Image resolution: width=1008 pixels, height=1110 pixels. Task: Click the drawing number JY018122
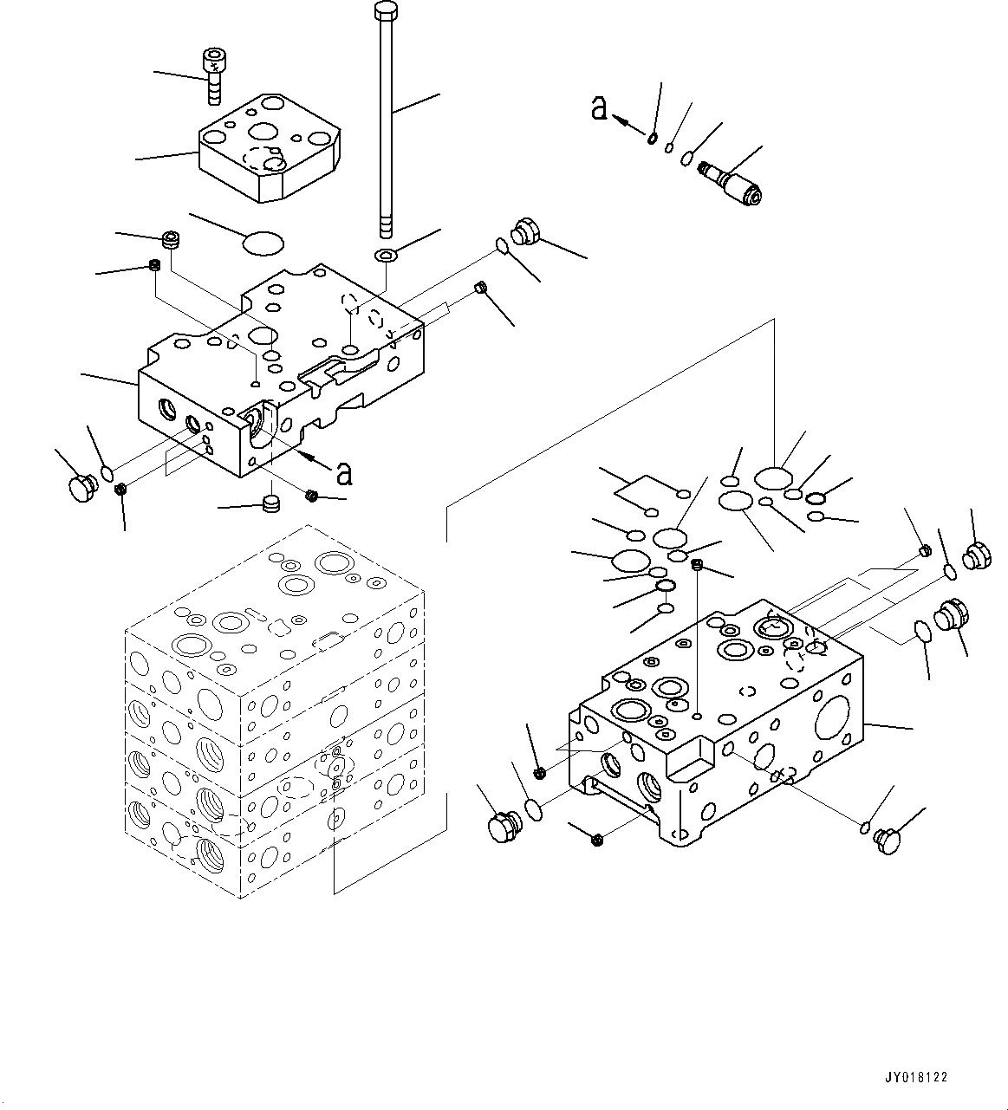coord(916,1078)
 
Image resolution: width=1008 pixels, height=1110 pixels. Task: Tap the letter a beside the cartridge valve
coord(599,108)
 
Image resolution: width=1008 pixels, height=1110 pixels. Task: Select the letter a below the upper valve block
coord(344,472)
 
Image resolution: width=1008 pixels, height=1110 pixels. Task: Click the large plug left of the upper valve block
coord(81,485)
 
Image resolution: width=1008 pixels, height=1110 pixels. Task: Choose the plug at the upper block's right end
coord(525,230)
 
